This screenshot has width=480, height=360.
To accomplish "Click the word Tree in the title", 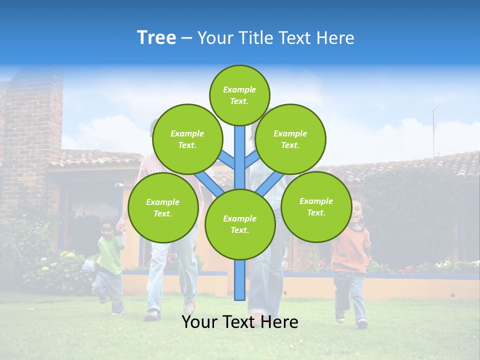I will (156, 38).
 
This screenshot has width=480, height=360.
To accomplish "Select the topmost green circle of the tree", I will (239, 95).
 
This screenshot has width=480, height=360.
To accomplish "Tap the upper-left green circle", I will (187, 139).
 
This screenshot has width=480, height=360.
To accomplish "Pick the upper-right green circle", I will (290, 139).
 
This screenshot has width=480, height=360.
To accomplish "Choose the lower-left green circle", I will (163, 207).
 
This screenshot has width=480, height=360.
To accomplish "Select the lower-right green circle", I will (316, 206).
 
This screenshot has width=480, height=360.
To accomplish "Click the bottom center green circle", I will (239, 224).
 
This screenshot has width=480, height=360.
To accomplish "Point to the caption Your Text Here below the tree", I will (239, 322).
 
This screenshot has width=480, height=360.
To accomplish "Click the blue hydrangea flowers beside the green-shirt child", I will (88, 265).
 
